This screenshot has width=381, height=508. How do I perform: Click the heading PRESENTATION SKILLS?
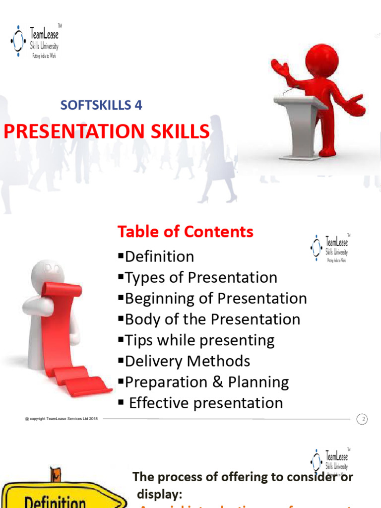(x=106, y=131)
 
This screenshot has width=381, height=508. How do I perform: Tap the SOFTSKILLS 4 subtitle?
(x=101, y=105)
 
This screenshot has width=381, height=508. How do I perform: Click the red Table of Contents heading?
(x=185, y=232)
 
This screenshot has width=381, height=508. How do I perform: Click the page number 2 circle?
(x=363, y=420)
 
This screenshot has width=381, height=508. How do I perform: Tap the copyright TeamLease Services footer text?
(x=61, y=419)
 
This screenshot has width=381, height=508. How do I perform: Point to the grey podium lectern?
(x=300, y=124)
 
